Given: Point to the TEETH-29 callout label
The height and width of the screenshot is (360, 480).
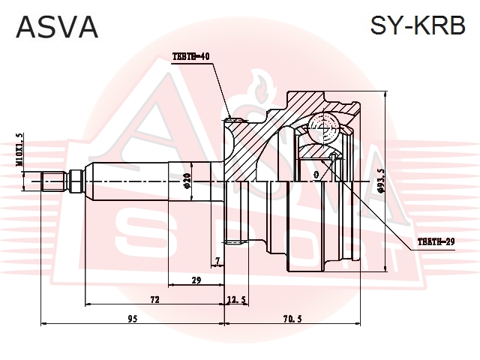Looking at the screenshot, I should point(436,241).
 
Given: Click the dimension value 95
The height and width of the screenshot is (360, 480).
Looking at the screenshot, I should point(131,319).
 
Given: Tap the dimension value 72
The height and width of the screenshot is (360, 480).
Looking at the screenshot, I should point(154,299).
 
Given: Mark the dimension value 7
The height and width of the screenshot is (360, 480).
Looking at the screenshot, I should point(217,261).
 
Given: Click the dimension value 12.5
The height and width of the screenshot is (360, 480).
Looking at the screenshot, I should point(237,299).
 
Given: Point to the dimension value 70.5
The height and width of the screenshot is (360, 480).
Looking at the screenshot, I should point(293,319).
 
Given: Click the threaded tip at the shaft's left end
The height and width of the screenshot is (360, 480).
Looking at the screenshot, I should point(52,181).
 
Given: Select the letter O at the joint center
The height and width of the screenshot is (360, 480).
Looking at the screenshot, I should point(316,175).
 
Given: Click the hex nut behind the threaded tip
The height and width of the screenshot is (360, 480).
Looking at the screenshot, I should point(75,181).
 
